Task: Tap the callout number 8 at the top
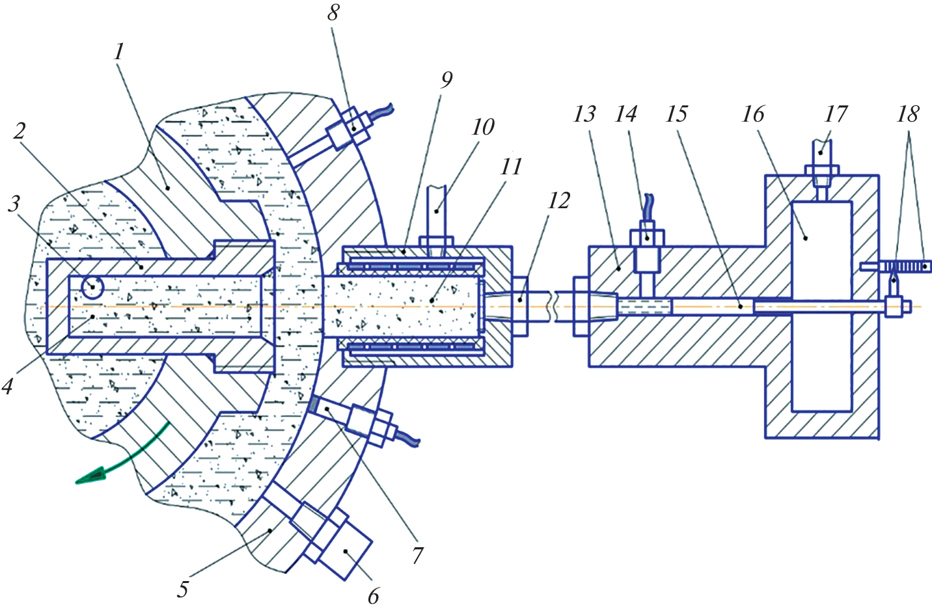333,12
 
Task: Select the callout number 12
558,200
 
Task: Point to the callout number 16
752,115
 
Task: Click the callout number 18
907,115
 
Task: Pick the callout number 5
183,589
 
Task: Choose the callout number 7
417,555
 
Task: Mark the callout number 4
8,387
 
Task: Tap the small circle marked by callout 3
92,287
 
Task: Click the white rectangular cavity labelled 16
821,306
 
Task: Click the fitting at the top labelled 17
821,163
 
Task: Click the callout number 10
483,127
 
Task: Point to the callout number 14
625,115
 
